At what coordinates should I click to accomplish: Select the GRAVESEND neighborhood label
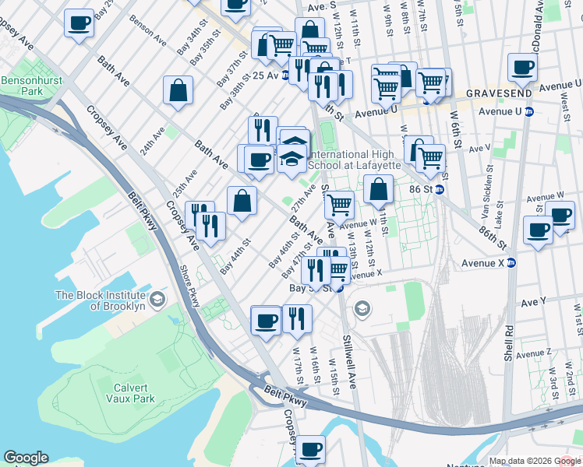(x=499, y=93)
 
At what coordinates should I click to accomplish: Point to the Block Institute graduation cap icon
(x=157, y=300)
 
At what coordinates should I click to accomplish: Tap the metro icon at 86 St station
(x=440, y=189)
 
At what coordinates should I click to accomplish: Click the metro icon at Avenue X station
(x=511, y=263)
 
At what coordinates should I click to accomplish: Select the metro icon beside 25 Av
(x=286, y=75)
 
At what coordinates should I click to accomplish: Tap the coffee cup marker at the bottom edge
(x=310, y=448)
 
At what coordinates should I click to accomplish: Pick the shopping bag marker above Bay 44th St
(x=242, y=200)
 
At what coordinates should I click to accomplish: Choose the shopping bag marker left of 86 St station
(x=378, y=188)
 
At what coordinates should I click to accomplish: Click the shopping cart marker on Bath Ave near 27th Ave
(x=338, y=205)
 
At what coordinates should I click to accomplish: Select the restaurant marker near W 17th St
(x=297, y=318)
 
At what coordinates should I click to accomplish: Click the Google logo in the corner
(x=26, y=458)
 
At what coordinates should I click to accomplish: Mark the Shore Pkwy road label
(x=192, y=289)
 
